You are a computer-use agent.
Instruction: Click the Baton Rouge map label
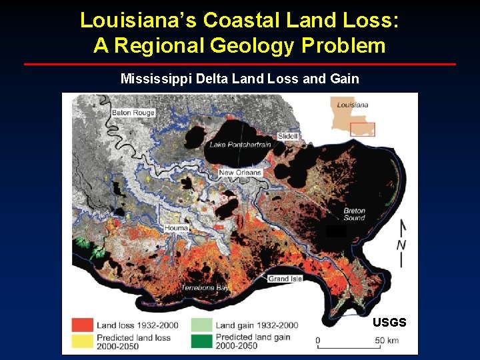(x=133, y=113)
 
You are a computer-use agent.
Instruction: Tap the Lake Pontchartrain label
(x=241, y=145)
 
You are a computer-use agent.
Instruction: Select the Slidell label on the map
(x=288, y=136)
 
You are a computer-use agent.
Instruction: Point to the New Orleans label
(x=240, y=173)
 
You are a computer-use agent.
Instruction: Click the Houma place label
(x=176, y=228)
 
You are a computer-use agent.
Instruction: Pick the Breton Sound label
(x=354, y=215)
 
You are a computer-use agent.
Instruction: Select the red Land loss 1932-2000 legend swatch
(x=82, y=325)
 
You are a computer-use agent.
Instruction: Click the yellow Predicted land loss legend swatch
(x=82, y=340)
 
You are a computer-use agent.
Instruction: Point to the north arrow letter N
(x=401, y=245)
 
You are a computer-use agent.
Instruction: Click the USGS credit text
(x=389, y=323)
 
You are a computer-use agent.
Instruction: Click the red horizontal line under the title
(x=240, y=64)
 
